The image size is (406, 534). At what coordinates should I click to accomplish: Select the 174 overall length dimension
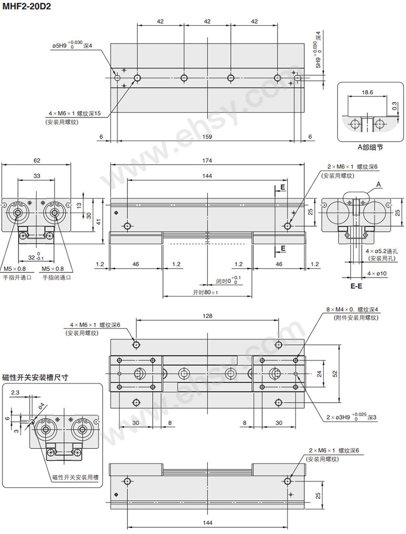click(x=207, y=161)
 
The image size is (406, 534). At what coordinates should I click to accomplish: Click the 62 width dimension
click(x=36, y=161)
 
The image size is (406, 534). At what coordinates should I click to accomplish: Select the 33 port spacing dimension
click(x=36, y=176)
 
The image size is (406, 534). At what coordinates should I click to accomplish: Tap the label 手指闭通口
click(x=57, y=277)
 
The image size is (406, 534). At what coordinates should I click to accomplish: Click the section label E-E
click(x=357, y=286)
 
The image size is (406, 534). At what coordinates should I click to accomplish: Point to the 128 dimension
click(x=207, y=316)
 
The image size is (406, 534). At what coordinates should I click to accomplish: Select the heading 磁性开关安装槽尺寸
click(x=35, y=377)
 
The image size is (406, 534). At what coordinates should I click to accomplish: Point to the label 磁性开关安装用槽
click(x=76, y=477)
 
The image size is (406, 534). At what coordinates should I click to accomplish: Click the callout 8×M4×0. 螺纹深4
click(x=352, y=309)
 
